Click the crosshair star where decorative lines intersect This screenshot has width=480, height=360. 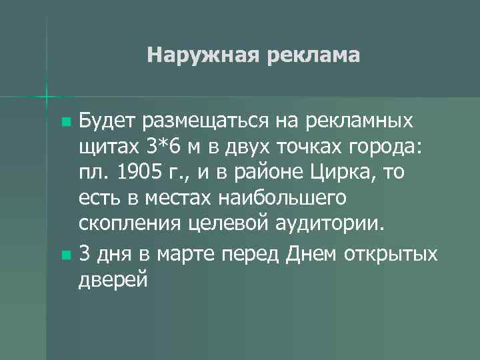point(47,97)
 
